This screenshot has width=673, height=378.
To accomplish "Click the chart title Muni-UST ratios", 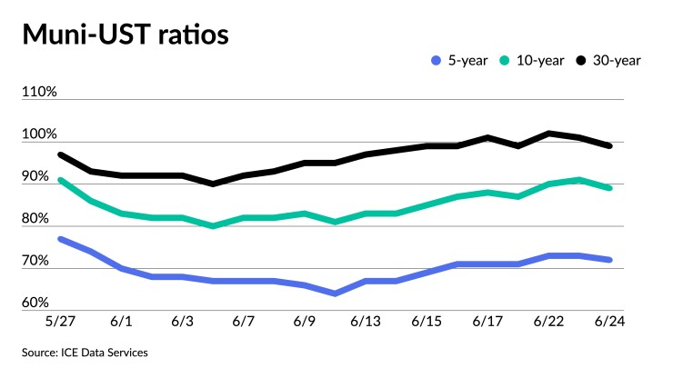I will coord(126,36).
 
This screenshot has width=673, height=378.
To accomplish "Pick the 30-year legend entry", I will coord(613,61).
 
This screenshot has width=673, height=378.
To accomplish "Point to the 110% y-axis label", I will coord(40,93).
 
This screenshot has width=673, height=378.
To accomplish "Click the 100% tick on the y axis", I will coord(40,134).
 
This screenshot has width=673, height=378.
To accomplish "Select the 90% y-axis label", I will coord(40,176).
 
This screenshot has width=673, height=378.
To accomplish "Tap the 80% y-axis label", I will coord(40,219).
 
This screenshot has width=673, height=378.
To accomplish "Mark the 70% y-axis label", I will coord(40,261).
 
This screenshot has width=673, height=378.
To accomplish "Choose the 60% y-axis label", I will coord(40,303).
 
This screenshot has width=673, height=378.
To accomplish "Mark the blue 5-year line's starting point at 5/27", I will coord(60,239).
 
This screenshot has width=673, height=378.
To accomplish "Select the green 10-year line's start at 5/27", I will coord(60,180).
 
